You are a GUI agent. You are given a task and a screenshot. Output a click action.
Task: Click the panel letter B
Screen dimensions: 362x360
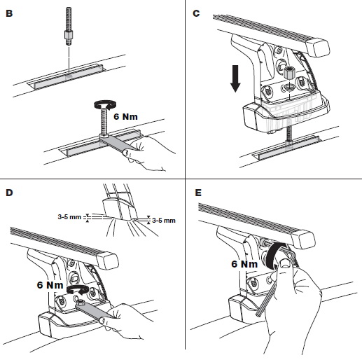[x=9, y=13]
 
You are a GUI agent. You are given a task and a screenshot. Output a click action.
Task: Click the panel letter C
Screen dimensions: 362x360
[x=196, y=13]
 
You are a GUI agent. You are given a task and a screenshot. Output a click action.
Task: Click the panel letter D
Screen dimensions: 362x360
[x=9, y=193]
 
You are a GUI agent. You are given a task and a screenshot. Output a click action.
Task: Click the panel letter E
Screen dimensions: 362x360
[x=198, y=193]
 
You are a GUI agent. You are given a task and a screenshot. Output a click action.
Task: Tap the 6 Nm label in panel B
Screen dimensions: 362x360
[x=125, y=116]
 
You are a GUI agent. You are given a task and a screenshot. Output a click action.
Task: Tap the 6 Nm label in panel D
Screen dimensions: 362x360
[x=50, y=285]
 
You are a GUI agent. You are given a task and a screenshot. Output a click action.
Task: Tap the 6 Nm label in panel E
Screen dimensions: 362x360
[x=244, y=264]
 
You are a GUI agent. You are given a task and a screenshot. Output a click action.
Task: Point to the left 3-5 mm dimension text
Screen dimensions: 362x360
[x=69, y=217]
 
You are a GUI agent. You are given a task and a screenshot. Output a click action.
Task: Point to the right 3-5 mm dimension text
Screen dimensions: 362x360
[x=164, y=221]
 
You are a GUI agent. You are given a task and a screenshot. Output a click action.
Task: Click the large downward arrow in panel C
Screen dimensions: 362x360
[x=235, y=78]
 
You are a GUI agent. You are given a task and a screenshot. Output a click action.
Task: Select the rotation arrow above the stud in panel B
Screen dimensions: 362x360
[x=105, y=104]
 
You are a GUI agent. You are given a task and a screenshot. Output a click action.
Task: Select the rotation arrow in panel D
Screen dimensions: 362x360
[x=78, y=289]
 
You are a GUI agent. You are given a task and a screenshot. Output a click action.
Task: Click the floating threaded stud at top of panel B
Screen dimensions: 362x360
[x=69, y=26]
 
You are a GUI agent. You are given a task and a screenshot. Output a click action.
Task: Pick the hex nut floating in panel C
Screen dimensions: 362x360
[x=288, y=73]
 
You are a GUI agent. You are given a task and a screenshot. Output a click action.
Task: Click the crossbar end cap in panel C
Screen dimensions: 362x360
[x=317, y=48]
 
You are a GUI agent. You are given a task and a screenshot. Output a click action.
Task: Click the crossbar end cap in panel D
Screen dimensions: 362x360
[x=106, y=261]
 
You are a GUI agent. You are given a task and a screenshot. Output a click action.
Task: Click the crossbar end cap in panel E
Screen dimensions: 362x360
[x=303, y=239]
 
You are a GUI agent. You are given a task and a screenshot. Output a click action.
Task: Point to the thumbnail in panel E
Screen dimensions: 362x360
[x=285, y=264]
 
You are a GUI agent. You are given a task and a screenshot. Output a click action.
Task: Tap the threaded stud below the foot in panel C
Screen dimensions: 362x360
[x=288, y=136]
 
